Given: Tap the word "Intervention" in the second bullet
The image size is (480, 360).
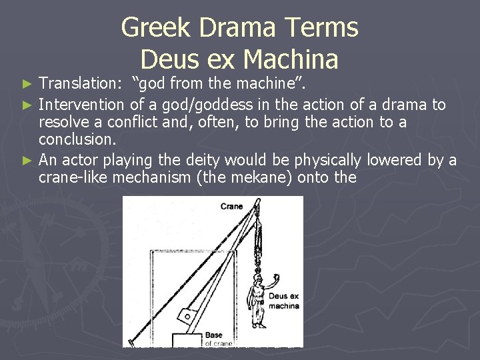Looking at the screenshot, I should [x=81, y=104].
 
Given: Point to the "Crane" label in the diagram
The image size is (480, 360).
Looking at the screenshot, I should [x=232, y=207].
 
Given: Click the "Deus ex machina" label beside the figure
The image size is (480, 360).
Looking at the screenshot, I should [x=283, y=301].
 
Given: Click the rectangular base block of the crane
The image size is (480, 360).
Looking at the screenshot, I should [x=187, y=339].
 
